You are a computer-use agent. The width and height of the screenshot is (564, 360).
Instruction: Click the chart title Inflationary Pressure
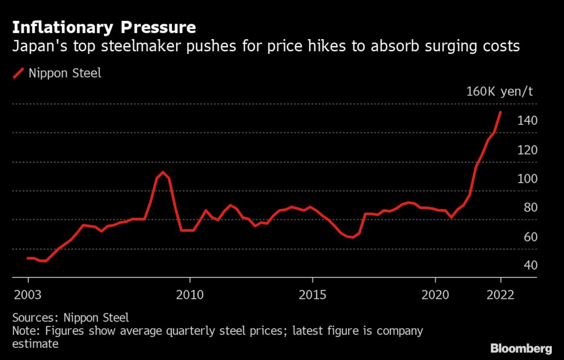click(x=104, y=27)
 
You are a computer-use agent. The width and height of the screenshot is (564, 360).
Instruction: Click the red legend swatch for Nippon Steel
click(x=19, y=73)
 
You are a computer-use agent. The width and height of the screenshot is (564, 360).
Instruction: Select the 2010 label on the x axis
click(x=190, y=294)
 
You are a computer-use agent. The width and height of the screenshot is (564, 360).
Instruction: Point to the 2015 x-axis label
click(x=313, y=294)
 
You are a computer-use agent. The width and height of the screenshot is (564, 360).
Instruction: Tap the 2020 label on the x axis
click(x=436, y=294)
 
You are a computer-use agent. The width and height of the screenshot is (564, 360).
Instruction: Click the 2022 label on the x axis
click(x=501, y=294)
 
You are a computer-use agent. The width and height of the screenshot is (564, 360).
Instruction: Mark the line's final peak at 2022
click(x=500, y=112)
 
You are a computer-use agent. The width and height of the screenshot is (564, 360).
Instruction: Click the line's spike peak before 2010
click(x=162, y=172)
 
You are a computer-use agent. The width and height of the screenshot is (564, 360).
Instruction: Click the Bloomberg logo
click(x=521, y=348)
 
